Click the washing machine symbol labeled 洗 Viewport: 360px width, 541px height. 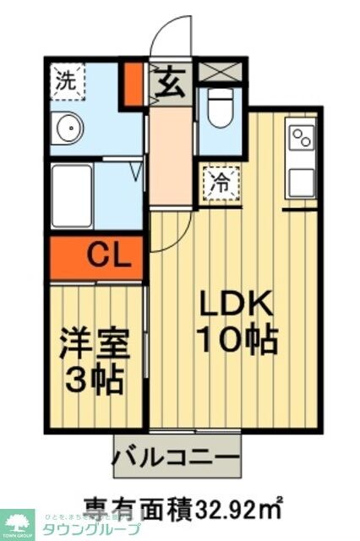[x=64, y=81]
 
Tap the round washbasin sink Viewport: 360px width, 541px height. [x=68, y=128]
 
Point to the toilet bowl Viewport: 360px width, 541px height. [x=220, y=112]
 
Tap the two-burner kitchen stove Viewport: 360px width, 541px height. [x=301, y=137]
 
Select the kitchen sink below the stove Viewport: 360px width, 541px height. [x=301, y=182]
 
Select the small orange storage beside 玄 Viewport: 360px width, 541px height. [x=132, y=83]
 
